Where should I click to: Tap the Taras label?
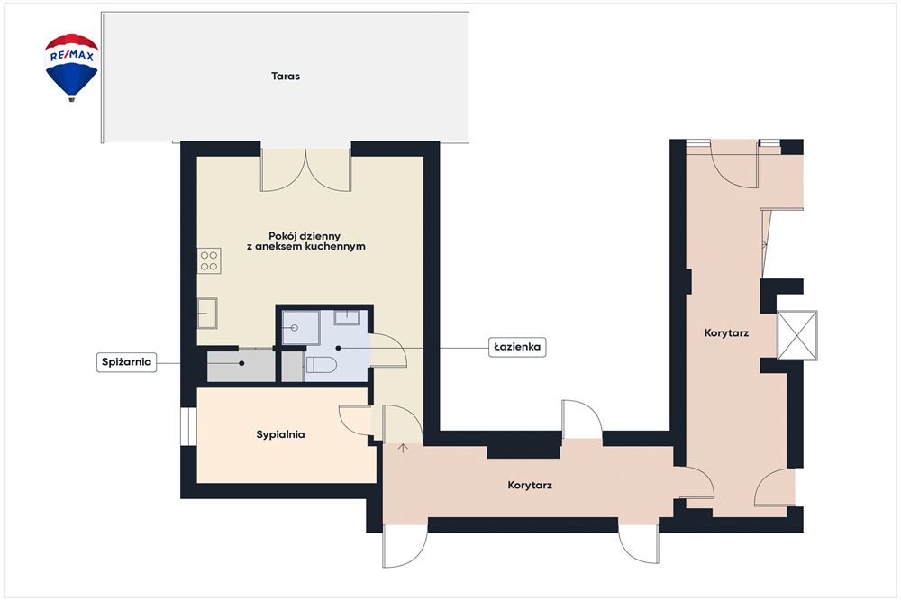286,76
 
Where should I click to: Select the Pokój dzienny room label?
310,241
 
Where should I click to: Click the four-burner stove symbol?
209,260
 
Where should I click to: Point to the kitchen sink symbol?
207,314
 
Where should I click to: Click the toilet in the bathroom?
320,364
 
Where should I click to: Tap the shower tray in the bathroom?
300,328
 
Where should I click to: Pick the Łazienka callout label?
517,347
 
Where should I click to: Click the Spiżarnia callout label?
126,362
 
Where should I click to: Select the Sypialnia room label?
280,434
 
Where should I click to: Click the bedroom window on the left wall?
188,426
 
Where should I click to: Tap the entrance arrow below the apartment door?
403,448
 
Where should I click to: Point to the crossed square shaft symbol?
797,335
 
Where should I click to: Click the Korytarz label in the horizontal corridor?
530,485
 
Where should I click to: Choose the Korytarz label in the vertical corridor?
726,332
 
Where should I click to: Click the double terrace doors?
305,170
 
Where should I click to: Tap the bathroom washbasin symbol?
347,318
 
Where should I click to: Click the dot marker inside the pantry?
241,363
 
